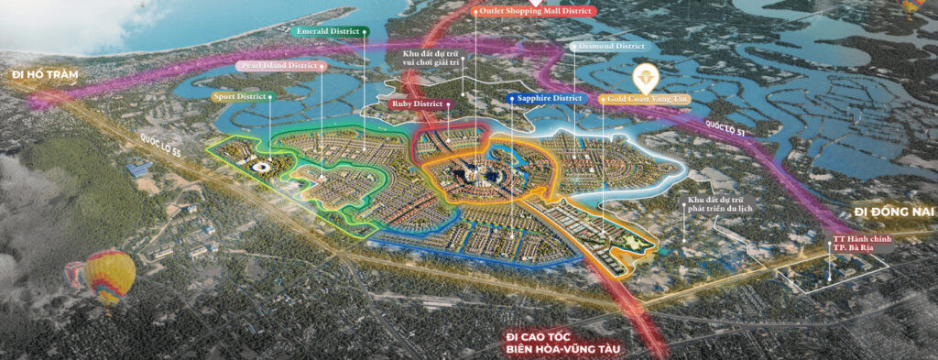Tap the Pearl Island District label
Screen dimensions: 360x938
279,65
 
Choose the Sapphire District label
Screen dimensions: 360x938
546,97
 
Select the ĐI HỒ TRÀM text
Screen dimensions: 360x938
40,73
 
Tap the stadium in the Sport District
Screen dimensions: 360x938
260,167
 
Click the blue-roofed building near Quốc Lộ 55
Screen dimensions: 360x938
139,169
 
